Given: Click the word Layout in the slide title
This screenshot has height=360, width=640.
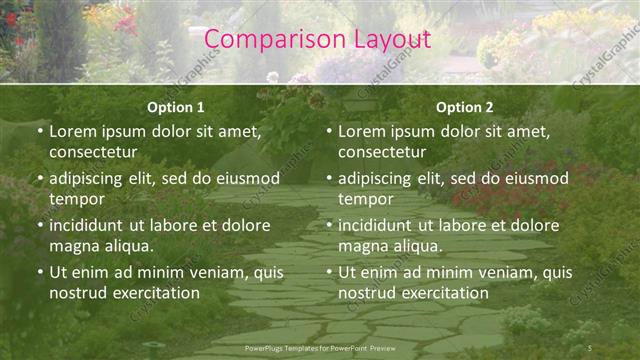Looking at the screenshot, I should click(x=391, y=39).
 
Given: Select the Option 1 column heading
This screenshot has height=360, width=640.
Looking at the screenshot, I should click(x=176, y=107).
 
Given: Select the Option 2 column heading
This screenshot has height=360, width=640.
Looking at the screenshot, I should click(x=465, y=107).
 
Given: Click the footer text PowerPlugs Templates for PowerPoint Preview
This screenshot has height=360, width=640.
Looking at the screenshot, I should click(x=319, y=347).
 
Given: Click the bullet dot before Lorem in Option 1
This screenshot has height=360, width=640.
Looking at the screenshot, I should click(x=40, y=131).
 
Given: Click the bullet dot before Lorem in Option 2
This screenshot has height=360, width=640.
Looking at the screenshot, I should click(x=329, y=131).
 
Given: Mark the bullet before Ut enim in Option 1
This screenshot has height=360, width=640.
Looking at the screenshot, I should click(x=40, y=272).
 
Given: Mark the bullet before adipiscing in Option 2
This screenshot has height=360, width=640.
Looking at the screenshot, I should click(x=329, y=178).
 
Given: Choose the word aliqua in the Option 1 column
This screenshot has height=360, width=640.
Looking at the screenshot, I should click(x=126, y=246).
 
